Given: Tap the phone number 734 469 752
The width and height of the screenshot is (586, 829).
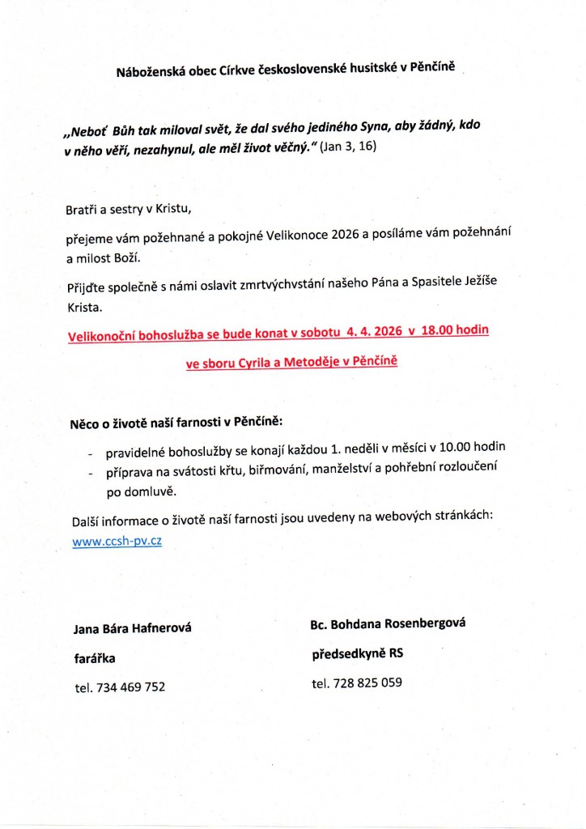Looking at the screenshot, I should point(130,687).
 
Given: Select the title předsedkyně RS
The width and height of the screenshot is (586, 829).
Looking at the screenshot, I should point(357,653).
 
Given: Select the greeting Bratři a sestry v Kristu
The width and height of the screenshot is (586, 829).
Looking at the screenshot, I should point(129,210).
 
